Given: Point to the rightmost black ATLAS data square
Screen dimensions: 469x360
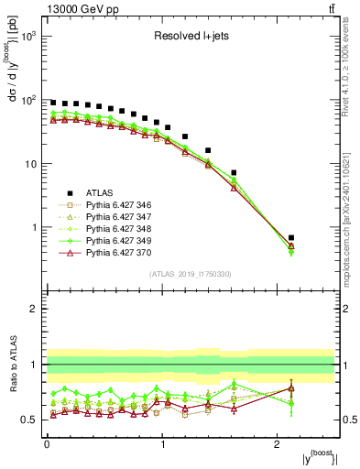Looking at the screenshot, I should pos(291,237).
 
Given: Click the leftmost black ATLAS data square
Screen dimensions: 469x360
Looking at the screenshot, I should pos(53,103).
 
